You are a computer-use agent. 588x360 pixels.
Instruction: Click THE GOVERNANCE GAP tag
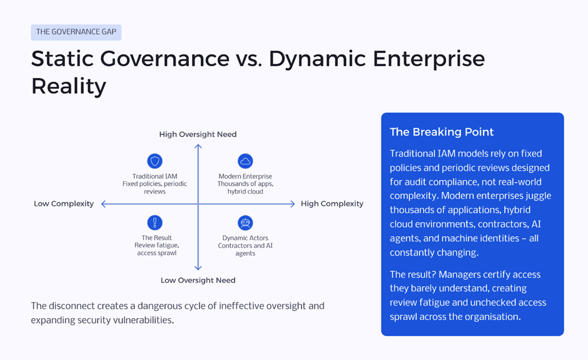(76, 32)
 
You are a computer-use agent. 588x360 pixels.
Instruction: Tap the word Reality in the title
(68, 86)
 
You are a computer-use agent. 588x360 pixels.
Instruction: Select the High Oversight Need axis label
(198, 134)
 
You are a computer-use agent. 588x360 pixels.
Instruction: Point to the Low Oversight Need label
(198, 280)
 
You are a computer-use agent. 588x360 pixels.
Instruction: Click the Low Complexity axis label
(64, 204)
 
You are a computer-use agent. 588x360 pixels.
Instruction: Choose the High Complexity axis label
(332, 204)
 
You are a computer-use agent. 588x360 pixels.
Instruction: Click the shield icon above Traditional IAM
(155, 161)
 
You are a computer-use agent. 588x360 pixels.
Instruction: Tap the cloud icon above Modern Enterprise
(245, 161)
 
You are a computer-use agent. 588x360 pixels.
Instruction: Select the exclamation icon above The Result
(155, 222)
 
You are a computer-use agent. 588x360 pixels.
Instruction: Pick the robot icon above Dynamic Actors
(245, 222)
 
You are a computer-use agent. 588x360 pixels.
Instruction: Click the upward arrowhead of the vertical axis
(198, 147)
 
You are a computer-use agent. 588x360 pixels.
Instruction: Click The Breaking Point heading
(442, 132)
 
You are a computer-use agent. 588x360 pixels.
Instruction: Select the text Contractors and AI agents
(245, 249)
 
